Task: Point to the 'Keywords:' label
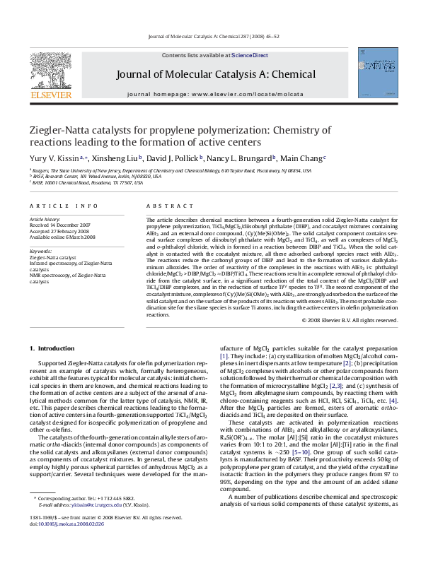pos(40,251)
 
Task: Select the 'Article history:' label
pos(44,220)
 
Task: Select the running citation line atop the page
pos(210,35)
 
